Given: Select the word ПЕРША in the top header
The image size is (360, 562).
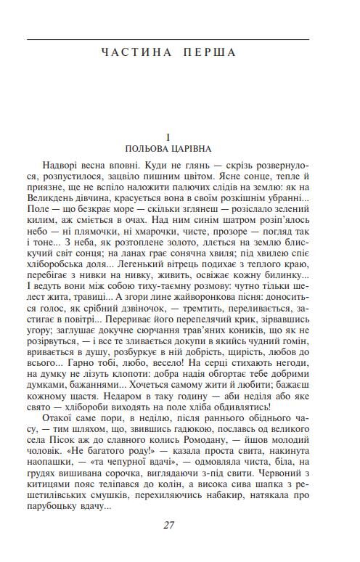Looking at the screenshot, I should (212, 52).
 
